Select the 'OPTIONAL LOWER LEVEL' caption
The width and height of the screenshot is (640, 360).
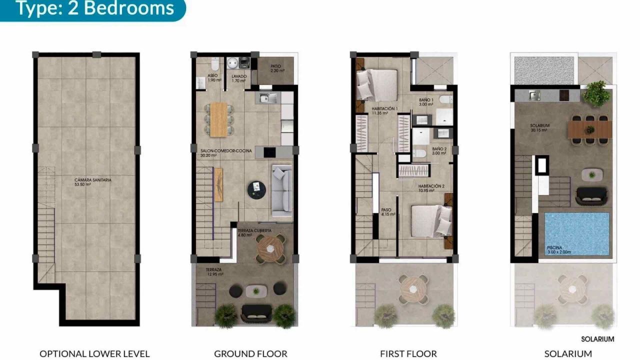coord(94,353)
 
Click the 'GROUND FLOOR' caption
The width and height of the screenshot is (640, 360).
coord(250,353)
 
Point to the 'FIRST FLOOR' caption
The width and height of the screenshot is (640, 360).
coord(408,353)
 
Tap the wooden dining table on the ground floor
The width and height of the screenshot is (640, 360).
coord(218,119)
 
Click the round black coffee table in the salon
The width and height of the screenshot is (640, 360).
coord(257,188)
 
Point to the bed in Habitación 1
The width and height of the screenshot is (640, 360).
coord(376,83)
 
